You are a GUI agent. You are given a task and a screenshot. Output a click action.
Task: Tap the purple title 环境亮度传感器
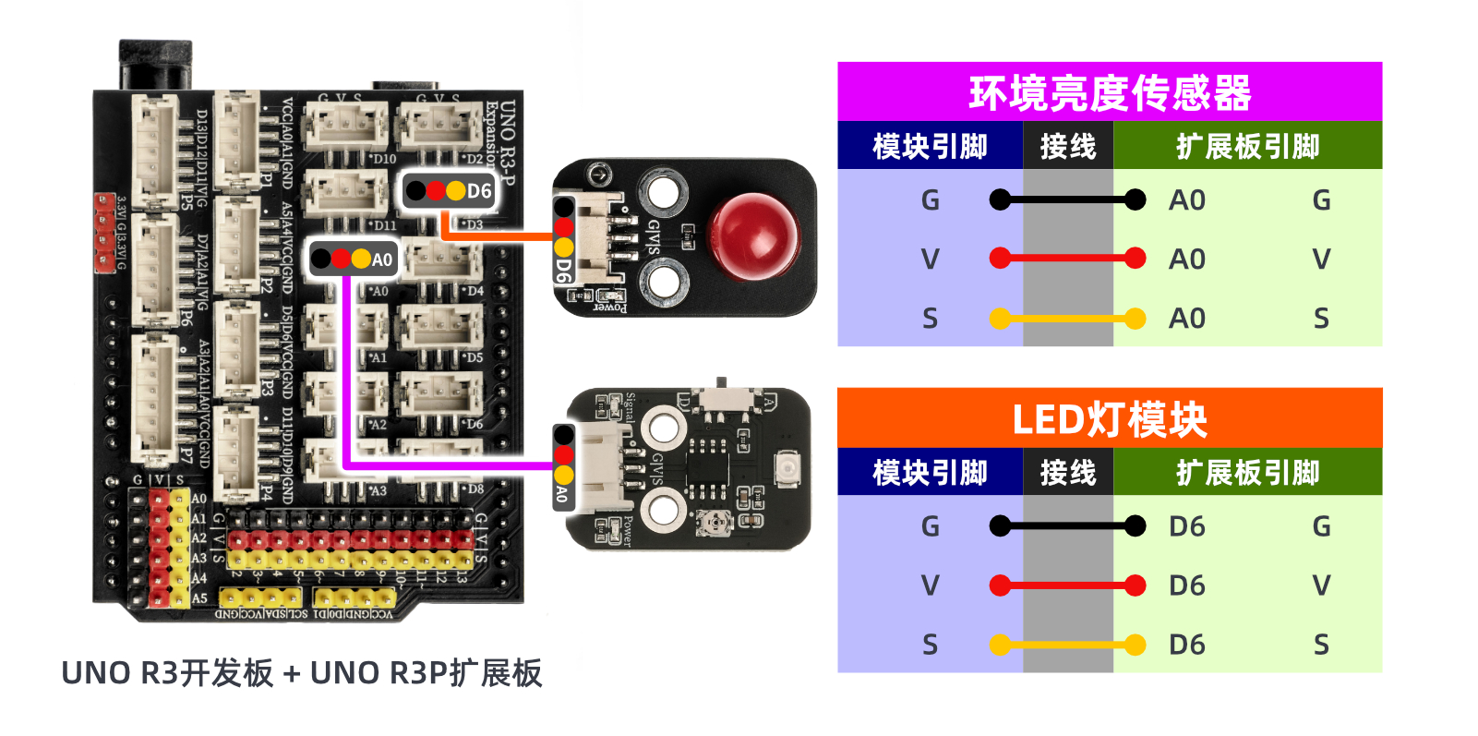(x=1109, y=92)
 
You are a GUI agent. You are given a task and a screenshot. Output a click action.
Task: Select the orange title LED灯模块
(x=1109, y=419)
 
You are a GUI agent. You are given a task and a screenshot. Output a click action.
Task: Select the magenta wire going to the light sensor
(x=347, y=369)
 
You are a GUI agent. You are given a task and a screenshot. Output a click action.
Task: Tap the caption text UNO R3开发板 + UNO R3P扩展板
(x=301, y=673)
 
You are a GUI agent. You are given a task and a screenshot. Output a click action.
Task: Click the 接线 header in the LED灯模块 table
(x=1067, y=473)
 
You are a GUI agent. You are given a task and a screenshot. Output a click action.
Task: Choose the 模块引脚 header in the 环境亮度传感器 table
(x=930, y=146)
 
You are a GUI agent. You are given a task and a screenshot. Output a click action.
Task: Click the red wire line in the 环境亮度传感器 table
(x=1067, y=259)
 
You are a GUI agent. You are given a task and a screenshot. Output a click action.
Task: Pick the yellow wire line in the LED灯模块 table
(x=1067, y=645)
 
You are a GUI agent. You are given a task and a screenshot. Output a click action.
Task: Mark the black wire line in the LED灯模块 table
(x=1067, y=526)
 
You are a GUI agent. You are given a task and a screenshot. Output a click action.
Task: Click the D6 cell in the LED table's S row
(x=1186, y=645)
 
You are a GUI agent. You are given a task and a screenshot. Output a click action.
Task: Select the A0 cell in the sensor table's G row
(x=1186, y=200)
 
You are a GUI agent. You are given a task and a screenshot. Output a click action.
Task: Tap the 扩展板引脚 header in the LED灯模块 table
(x=1247, y=473)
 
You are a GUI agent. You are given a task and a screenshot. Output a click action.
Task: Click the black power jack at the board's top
(x=155, y=64)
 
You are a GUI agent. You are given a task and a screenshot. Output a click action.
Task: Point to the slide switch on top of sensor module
(x=723, y=398)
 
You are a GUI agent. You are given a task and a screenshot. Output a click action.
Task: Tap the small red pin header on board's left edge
(x=104, y=233)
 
